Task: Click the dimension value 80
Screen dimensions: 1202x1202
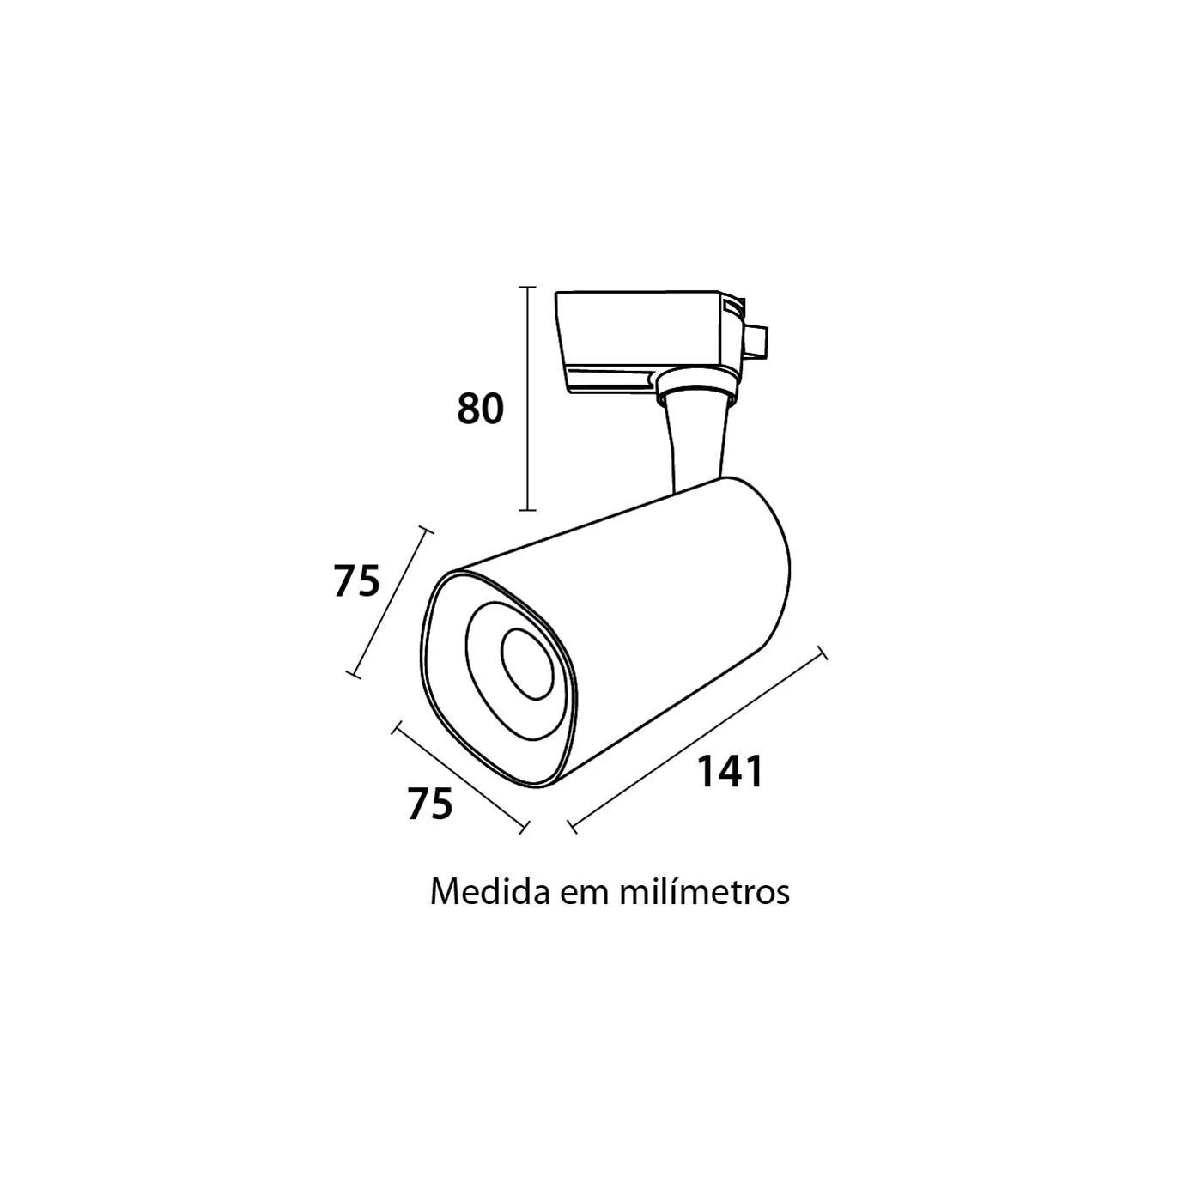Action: (480, 410)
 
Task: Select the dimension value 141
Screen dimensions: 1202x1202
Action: (729, 772)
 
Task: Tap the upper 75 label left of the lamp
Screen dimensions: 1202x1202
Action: (356, 580)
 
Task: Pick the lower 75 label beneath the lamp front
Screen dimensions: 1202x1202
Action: (430, 804)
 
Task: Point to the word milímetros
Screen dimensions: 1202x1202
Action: (704, 893)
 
